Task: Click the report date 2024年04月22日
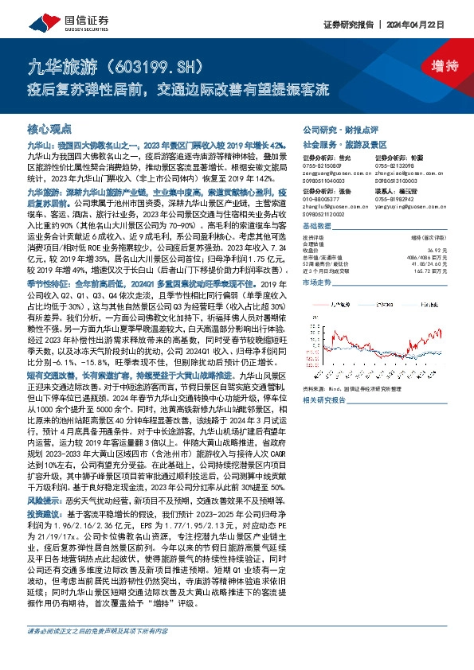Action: [x=429, y=23]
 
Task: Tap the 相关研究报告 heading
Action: [x=327, y=402]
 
